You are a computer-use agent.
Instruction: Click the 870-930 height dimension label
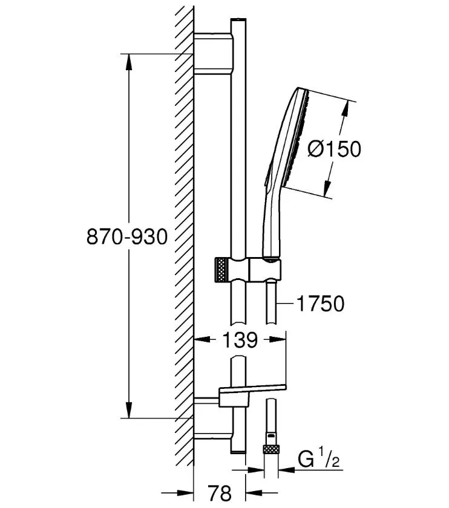[126, 236]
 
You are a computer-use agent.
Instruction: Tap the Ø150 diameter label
[334, 149]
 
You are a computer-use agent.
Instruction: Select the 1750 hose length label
[320, 304]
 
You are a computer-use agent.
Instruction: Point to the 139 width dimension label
[240, 340]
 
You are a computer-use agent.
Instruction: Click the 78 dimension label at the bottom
[220, 493]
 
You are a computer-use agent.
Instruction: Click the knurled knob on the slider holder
[222, 270]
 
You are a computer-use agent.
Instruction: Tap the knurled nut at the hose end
[270, 449]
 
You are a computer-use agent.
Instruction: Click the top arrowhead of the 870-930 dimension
[129, 62]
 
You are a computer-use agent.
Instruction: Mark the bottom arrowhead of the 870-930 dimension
[129, 410]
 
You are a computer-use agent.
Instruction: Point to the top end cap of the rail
[238, 20]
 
